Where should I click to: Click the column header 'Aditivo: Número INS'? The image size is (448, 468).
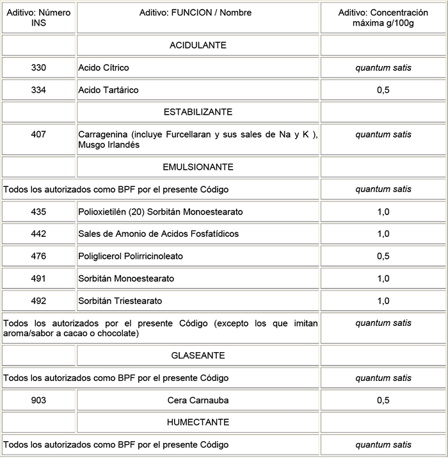pos(38,17)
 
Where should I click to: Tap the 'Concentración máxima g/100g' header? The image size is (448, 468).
pos(383,17)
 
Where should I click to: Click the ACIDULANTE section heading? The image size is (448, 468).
pos(198,45)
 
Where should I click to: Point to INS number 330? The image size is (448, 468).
pos(38,68)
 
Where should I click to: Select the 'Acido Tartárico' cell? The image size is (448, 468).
pos(108,90)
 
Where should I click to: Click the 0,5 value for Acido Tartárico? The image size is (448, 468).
pos(383,90)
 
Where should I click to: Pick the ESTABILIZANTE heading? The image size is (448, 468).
pos(198,112)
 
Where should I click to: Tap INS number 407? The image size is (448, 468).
pos(38,134)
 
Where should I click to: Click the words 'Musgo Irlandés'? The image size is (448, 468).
pos(109,145)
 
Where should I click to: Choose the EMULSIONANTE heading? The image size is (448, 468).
pos(198,167)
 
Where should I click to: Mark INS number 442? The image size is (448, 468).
pos(38,234)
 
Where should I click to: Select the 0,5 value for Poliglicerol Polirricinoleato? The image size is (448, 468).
pos(383,257)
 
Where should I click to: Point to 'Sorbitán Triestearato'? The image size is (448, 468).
pos(120,301)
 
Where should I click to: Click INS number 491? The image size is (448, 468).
pos(38,279)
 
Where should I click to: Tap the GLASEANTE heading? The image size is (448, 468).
pos(198,355)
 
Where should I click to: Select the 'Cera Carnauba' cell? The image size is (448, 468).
pos(198,401)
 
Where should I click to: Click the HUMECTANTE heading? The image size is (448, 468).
pos(198,423)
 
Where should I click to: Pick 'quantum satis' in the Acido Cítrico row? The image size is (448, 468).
pos(383,68)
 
